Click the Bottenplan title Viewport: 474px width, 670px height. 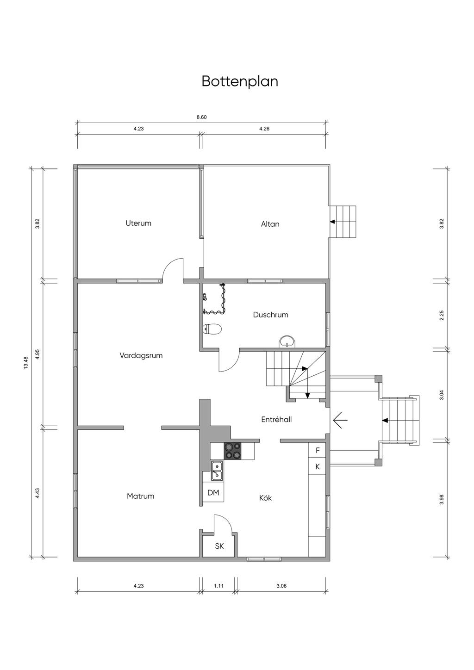tap(240, 81)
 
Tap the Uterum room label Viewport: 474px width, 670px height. tap(138, 223)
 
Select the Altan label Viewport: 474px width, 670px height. tap(270, 224)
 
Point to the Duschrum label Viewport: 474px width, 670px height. tap(270, 315)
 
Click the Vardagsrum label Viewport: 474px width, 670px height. tap(141, 356)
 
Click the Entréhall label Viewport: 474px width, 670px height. tap(276, 419)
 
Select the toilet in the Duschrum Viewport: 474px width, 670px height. tap(212, 329)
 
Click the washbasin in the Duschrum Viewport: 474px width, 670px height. tap(287, 342)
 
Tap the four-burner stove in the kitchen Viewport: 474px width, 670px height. tap(233, 451)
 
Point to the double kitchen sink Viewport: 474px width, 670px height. tap(217, 471)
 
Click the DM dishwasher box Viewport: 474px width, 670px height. tap(213, 493)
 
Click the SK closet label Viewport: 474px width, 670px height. tap(219, 546)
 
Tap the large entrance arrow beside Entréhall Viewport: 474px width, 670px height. tap(340, 420)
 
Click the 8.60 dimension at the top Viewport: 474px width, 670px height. tap(201, 117)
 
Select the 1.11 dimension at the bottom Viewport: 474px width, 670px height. tap(219, 586)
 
